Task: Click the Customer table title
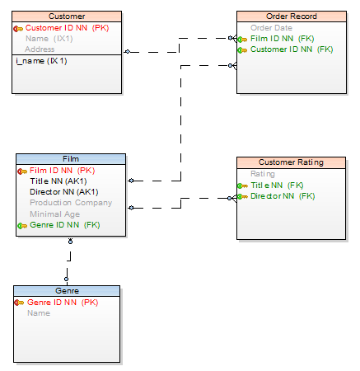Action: [67, 16]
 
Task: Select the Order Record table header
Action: [292, 16]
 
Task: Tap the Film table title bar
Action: [71, 159]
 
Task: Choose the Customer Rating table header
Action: [291, 162]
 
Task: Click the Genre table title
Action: [67, 291]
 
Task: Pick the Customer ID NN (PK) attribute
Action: [67, 28]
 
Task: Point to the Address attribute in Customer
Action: [40, 49]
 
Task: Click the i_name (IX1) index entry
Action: [41, 61]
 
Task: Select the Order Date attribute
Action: [271, 28]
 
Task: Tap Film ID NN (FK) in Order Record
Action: [283, 39]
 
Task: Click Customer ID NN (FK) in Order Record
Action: [292, 49]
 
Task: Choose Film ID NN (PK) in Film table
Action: [62, 171]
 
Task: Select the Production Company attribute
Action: [71, 203]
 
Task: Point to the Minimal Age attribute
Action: [55, 214]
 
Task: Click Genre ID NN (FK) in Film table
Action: [65, 225]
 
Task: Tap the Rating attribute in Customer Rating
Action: [263, 174]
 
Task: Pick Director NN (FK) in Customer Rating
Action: [283, 196]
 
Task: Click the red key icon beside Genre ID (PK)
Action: [19, 303]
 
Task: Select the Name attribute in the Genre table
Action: [39, 313]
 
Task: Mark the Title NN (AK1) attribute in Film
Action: [58, 181]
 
